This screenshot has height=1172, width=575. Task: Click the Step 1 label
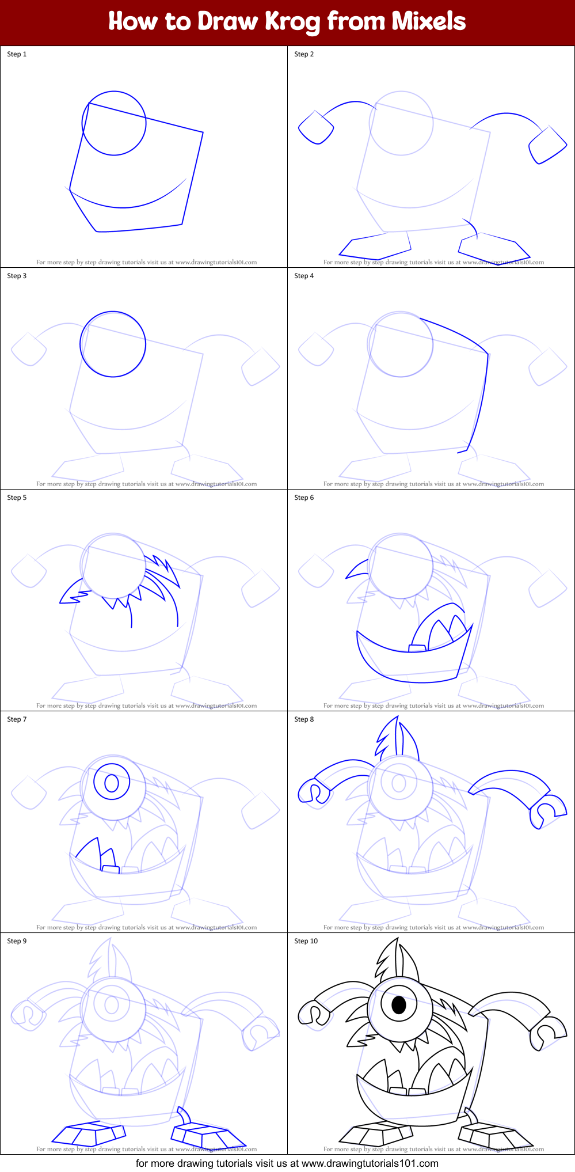[x=17, y=54]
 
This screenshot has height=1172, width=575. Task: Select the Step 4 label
[x=304, y=276]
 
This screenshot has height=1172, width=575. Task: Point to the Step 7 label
[x=17, y=719]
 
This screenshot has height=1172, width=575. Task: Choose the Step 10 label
[x=306, y=941]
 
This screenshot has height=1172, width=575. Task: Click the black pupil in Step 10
[x=398, y=1005]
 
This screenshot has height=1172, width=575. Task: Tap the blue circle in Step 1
[x=114, y=123]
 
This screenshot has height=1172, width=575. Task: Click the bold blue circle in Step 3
[x=113, y=344]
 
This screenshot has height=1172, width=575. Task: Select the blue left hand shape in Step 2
[x=315, y=127]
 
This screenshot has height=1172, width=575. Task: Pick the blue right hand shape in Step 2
[x=547, y=145]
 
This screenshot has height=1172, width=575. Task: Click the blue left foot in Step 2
[x=375, y=246]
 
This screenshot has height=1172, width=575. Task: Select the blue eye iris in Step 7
[x=112, y=783]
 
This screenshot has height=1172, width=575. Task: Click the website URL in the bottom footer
[x=370, y=1163]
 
